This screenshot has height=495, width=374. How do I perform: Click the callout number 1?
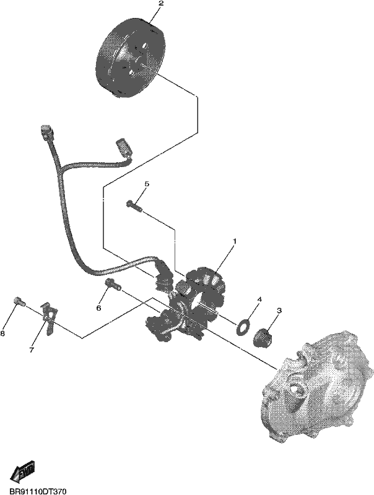pyautogui.click(x=235, y=241)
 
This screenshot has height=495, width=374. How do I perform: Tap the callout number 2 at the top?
pyautogui.click(x=161, y=4)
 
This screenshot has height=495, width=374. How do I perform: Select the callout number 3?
pyautogui.click(x=279, y=311)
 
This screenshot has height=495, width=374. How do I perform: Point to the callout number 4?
pyautogui.click(x=259, y=299)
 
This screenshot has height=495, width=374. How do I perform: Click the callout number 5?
pyautogui.click(x=147, y=184)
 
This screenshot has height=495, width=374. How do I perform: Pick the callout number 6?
pyautogui.click(x=98, y=308)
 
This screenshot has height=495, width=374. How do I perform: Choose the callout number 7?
pyautogui.click(x=32, y=350)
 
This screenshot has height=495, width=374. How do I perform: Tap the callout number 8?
pyautogui.click(x=2, y=334)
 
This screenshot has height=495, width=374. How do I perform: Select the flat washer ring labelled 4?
pyautogui.click(x=242, y=327)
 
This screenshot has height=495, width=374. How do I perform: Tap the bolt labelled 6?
pyautogui.click(x=113, y=284)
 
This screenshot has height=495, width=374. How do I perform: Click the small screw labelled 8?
pyautogui.click(x=20, y=301)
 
